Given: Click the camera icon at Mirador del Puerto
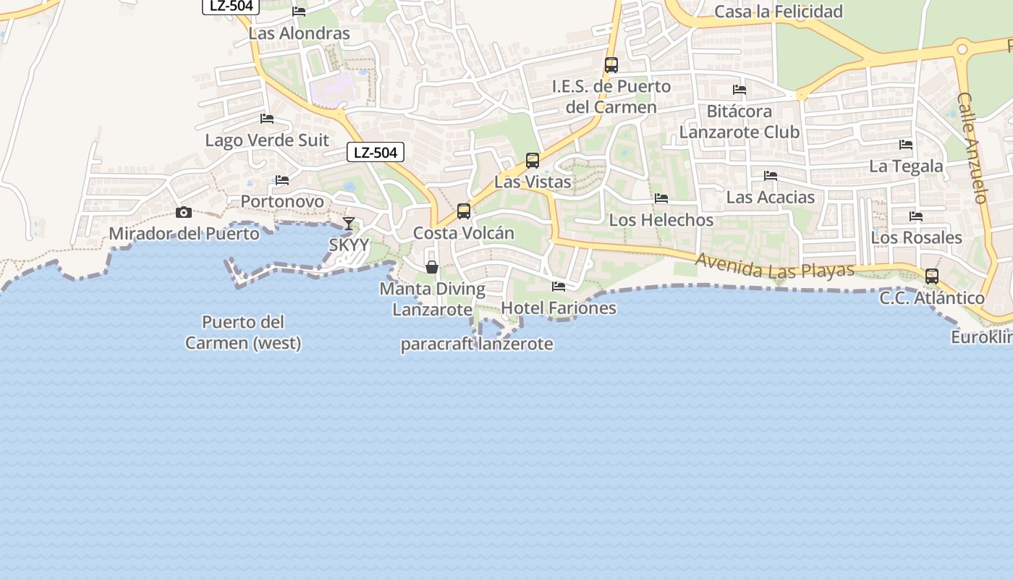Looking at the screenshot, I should point(184,212).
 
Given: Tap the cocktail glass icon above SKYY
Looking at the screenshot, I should point(348,223).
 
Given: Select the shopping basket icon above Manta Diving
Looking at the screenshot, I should point(432,267).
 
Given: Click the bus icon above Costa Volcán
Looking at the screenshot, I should point(464,211).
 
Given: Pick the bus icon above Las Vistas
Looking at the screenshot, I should point(533,161).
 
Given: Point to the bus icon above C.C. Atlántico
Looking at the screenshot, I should point(932,276).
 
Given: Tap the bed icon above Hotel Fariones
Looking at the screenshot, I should point(559,287).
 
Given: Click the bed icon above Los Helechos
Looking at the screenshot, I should point(661,198).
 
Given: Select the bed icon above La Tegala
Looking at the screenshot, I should point(906,145).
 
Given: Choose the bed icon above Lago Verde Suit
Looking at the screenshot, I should point(267,119).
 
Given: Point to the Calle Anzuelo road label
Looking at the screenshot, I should point(973,148).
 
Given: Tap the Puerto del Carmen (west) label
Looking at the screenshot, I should point(243,332).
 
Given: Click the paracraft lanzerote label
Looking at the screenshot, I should point(477,344).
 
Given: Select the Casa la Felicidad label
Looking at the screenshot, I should point(779,12).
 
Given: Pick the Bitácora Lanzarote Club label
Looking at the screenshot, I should point(739,122).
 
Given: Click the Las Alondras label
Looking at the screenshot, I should point(299,33).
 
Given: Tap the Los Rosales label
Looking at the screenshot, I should point(916,237).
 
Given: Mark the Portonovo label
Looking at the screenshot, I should point(282,201).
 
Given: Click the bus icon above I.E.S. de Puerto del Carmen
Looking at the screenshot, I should point(611,65).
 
